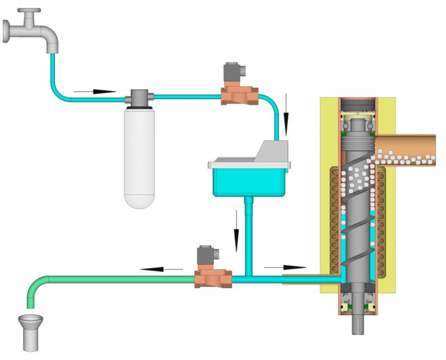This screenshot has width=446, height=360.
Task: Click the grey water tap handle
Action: (29, 11)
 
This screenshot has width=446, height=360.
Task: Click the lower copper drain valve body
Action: (213, 278)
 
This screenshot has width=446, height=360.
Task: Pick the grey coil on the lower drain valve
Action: (207, 256)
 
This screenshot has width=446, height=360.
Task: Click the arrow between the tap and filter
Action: (95, 91)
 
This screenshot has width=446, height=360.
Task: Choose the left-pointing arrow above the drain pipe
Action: (161, 270)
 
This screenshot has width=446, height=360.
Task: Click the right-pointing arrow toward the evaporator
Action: (285, 267)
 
